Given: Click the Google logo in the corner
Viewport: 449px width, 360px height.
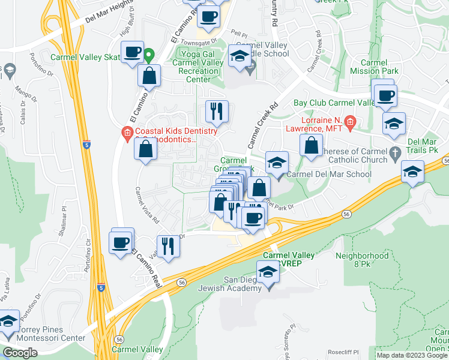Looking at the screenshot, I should (20, 353).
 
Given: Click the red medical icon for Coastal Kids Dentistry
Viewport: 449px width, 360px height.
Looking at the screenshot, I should (126, 133).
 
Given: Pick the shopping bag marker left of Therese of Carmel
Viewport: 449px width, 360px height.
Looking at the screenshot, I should (311, 146).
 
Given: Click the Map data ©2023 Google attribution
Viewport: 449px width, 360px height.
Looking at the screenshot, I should (411, 355).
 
